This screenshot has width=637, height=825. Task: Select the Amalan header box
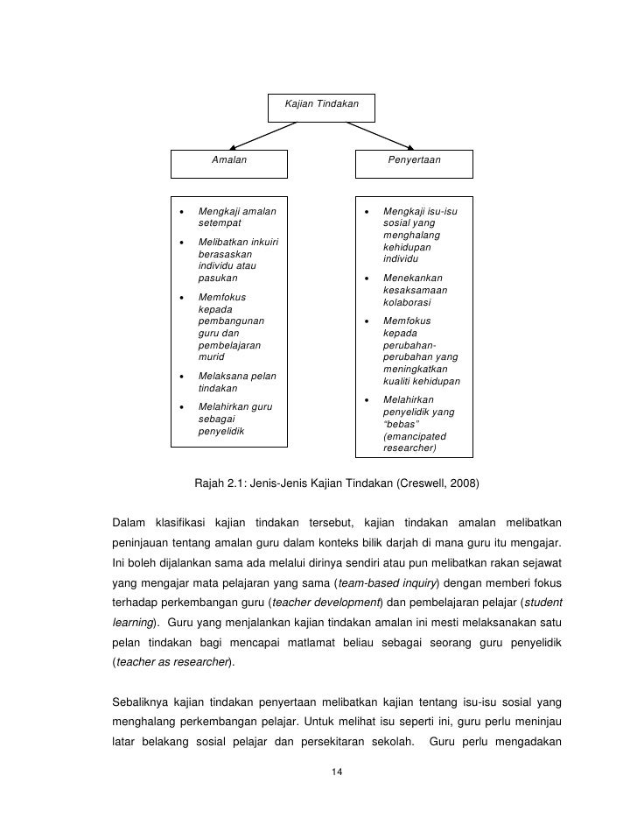[228, 161]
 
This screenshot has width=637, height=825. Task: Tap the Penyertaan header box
[414, 161]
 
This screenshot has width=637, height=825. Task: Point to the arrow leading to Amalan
[262, 135]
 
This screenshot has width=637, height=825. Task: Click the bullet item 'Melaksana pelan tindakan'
[236, 382]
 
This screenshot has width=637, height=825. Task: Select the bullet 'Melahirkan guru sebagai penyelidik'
[235, 419]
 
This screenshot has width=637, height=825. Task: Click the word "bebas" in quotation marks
[402, 424]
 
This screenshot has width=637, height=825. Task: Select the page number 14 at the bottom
[337, 772]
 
